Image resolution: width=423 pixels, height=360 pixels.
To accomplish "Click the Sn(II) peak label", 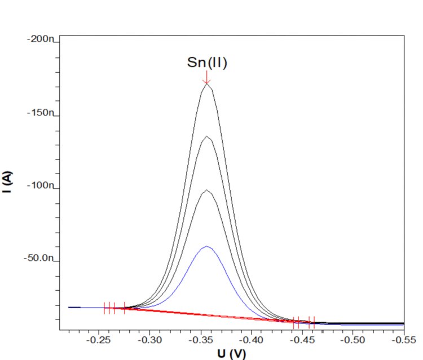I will (x=207, y=63).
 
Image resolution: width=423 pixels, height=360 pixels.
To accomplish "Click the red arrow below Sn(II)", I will (x=207, y=78).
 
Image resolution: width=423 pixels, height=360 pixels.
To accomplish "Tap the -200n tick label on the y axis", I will (x=41, y=40).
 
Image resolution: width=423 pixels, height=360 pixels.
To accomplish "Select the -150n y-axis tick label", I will (x=41, y=113).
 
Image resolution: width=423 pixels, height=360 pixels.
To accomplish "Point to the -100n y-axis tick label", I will (x=41, y=186).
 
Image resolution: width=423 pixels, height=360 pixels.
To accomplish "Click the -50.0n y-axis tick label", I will (x=38, y=259).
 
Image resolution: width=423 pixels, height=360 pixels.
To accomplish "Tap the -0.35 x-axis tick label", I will (x=201, y=341).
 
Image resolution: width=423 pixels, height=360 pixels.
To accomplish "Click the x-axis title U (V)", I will (x=232, y=354).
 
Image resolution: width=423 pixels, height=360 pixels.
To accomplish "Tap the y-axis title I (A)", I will (x=7, y=184).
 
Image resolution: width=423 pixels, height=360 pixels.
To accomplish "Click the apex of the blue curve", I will (x=207, y=246).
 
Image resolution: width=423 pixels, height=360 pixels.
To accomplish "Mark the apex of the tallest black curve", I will (x=207, y=85).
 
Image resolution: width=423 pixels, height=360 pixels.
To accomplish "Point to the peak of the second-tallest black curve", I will (x=207, y=136).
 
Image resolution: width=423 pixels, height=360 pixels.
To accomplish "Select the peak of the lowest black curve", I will (x=207, y=190).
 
